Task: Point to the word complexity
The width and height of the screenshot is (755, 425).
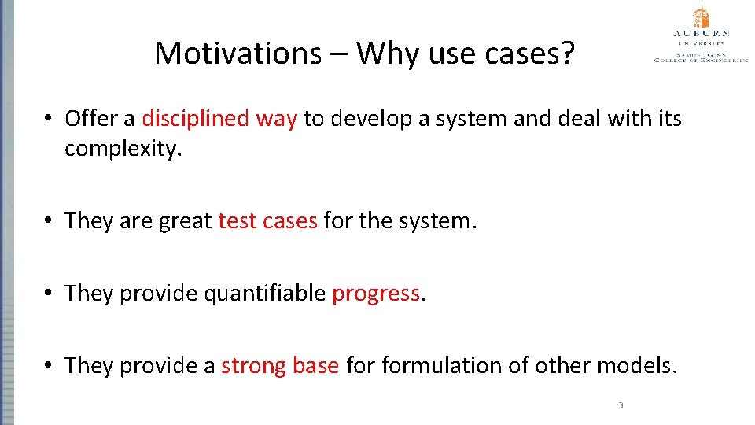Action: pos(123,149)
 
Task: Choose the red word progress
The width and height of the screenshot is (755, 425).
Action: pos(376,294)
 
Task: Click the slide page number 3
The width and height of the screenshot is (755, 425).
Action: pos(621,406)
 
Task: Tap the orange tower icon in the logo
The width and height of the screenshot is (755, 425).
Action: pos(701,17)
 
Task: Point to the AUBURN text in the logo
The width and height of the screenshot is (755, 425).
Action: pos(701,34)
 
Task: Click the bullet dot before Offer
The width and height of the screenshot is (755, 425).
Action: pos(48,119)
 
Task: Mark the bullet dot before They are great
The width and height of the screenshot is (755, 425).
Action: pos(48,221)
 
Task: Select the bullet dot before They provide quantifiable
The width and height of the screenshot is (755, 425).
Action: pos(48,294)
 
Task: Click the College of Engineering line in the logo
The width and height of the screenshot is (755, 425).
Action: pos(701,60)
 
